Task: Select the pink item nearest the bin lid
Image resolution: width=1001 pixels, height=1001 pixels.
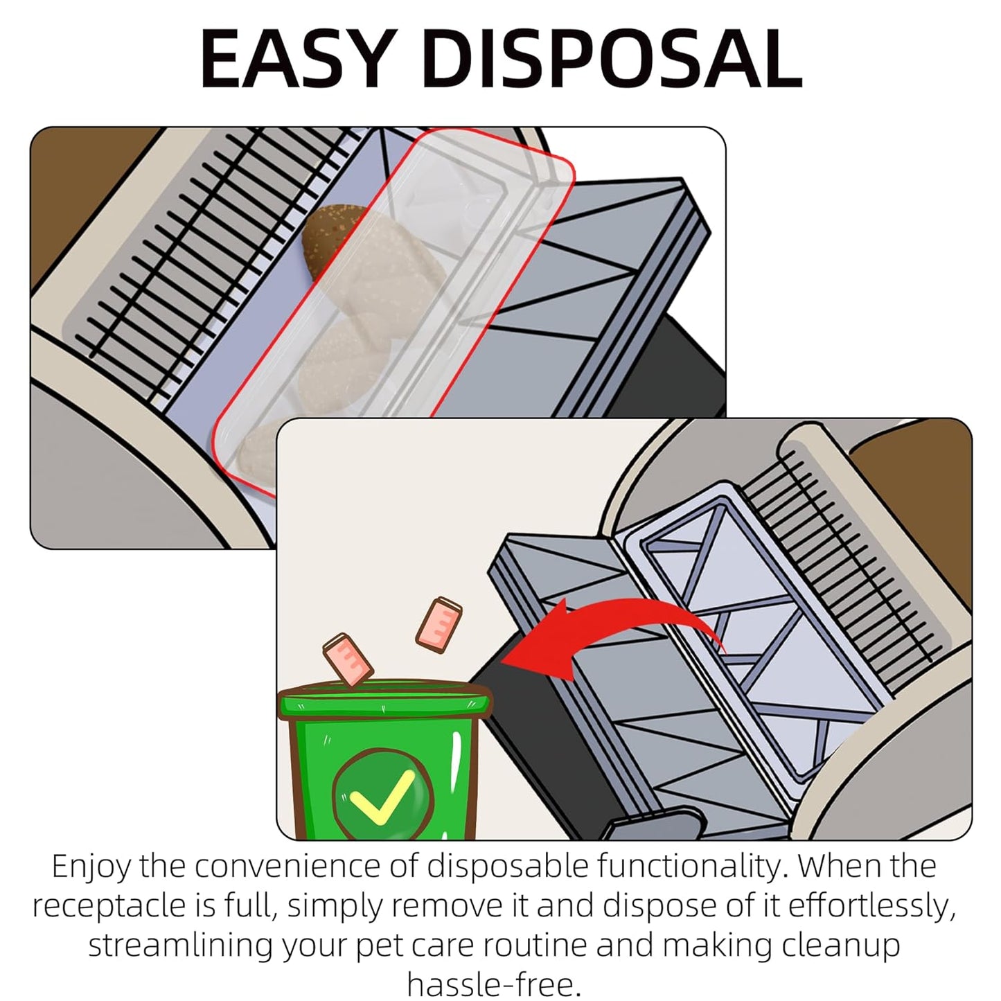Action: click(346, 659)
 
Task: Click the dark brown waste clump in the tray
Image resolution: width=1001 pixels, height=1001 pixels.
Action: click(326, 239)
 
